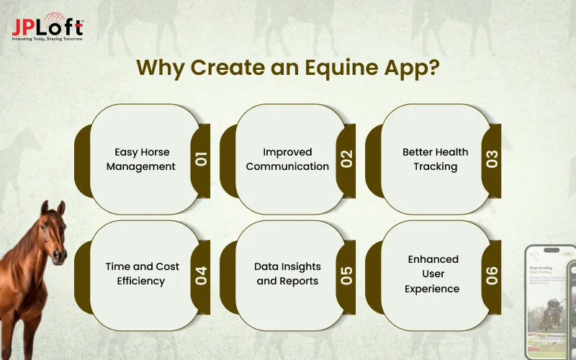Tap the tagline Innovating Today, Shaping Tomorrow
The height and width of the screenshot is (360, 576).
pos(48,39)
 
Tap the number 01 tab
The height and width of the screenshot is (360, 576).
pos(202,159)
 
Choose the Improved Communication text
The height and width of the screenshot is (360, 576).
pos(287,159)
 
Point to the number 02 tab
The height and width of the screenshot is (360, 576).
pos(348,159)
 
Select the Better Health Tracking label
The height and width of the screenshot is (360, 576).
pos(435,159)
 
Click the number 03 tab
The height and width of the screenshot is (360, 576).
pos(493,159)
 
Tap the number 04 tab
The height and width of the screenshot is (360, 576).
pos(202,274)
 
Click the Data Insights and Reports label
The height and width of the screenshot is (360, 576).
pos(287,274)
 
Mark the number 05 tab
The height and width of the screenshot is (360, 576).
pos(348,274)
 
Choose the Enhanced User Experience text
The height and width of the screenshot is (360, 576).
pos(433,274)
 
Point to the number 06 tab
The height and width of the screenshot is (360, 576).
pos(493,274)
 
